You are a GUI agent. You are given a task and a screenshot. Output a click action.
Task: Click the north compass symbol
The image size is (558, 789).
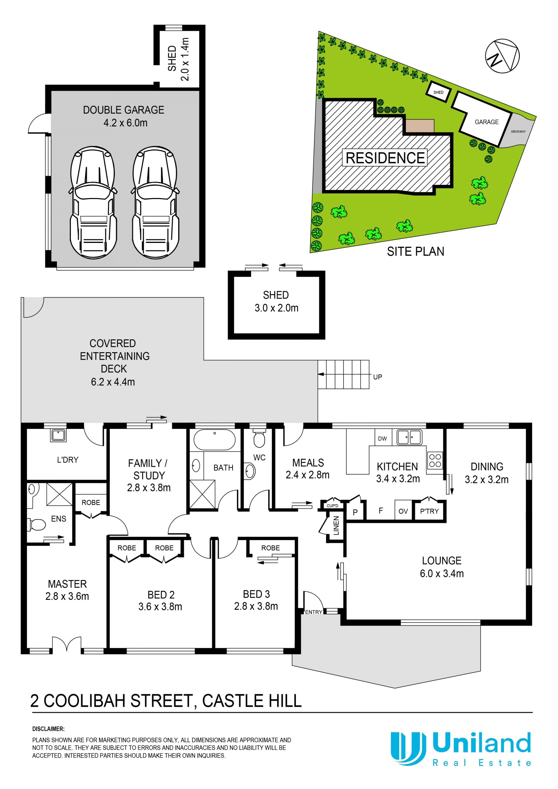click(x=502, y=56)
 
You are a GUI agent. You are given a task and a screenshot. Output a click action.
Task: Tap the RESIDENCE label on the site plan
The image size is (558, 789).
click(x=385, y=158)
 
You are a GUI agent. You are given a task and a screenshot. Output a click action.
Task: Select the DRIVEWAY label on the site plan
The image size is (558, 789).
click(x=518, y=132)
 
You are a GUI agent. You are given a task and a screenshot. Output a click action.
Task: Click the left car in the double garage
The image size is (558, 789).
click(x=93, y=203)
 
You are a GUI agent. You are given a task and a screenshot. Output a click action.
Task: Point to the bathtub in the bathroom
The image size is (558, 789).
click(x=214, y=439)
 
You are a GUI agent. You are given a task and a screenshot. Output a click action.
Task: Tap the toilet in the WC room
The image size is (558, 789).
click(x=259, y=439)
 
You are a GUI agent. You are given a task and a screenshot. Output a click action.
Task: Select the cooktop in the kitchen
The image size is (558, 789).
click(x=435, y=461)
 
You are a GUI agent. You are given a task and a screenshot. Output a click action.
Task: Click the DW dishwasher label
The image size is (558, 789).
click(x=382, y=439)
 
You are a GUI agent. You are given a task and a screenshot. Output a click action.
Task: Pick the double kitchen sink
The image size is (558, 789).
click(x=409, y=437)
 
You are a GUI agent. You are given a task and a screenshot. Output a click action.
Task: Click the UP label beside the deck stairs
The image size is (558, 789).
click(x=377, y=377)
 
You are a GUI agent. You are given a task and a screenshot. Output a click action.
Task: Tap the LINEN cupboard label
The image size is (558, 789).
click(x=336, y=525)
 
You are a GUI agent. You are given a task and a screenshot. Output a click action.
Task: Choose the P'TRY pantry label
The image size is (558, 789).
click(x=429, y=511)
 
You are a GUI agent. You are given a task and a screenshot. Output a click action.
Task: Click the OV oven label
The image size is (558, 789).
click(x=403, y=511)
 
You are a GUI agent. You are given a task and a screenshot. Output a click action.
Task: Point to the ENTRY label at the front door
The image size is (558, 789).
click(x=313, y=612)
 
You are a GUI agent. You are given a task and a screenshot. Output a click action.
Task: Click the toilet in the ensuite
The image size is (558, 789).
click(x=36, y=525)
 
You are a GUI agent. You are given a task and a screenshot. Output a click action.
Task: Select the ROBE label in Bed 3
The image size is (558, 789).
click(x=270, y=548)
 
